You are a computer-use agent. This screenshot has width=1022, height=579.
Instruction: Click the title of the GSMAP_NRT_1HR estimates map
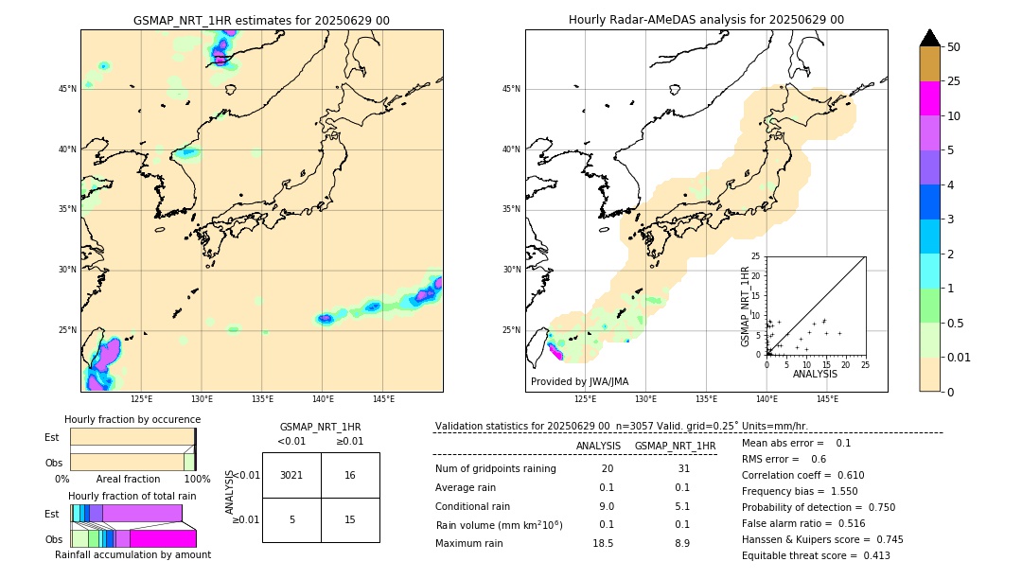point(261,20)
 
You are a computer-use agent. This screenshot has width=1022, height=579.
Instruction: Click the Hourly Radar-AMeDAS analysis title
point(706,20)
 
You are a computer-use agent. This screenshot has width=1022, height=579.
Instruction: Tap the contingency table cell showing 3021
point(291,475)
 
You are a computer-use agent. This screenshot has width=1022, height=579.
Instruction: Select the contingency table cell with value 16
point(350,475)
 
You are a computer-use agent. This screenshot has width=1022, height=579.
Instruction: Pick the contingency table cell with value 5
point(291,519)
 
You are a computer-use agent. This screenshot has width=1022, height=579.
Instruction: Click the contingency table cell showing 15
point(350,519)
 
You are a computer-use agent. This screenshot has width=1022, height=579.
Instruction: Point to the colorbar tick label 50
point(954,47)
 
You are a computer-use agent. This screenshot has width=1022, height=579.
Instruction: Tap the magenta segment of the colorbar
point(930,98)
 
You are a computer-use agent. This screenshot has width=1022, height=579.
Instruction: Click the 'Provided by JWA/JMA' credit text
point(579,381)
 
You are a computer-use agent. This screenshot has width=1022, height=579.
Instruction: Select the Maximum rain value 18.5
point(603,543)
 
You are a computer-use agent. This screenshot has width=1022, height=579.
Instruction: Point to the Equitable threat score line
point(816,555)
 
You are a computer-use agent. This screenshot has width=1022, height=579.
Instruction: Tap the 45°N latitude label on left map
point(67,89)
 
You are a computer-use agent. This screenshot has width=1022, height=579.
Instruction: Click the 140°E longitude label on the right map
point(766,399)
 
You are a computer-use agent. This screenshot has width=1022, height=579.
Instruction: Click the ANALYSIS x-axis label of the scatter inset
point(815,374)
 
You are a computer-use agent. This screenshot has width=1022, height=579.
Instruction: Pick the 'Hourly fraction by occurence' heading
point(132,419)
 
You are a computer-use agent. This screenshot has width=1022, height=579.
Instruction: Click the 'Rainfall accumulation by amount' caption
point(132,554)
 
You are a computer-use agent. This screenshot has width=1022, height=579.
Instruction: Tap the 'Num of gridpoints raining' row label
point(495,468)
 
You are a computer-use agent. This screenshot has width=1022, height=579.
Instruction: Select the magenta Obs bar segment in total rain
point(163,538)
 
